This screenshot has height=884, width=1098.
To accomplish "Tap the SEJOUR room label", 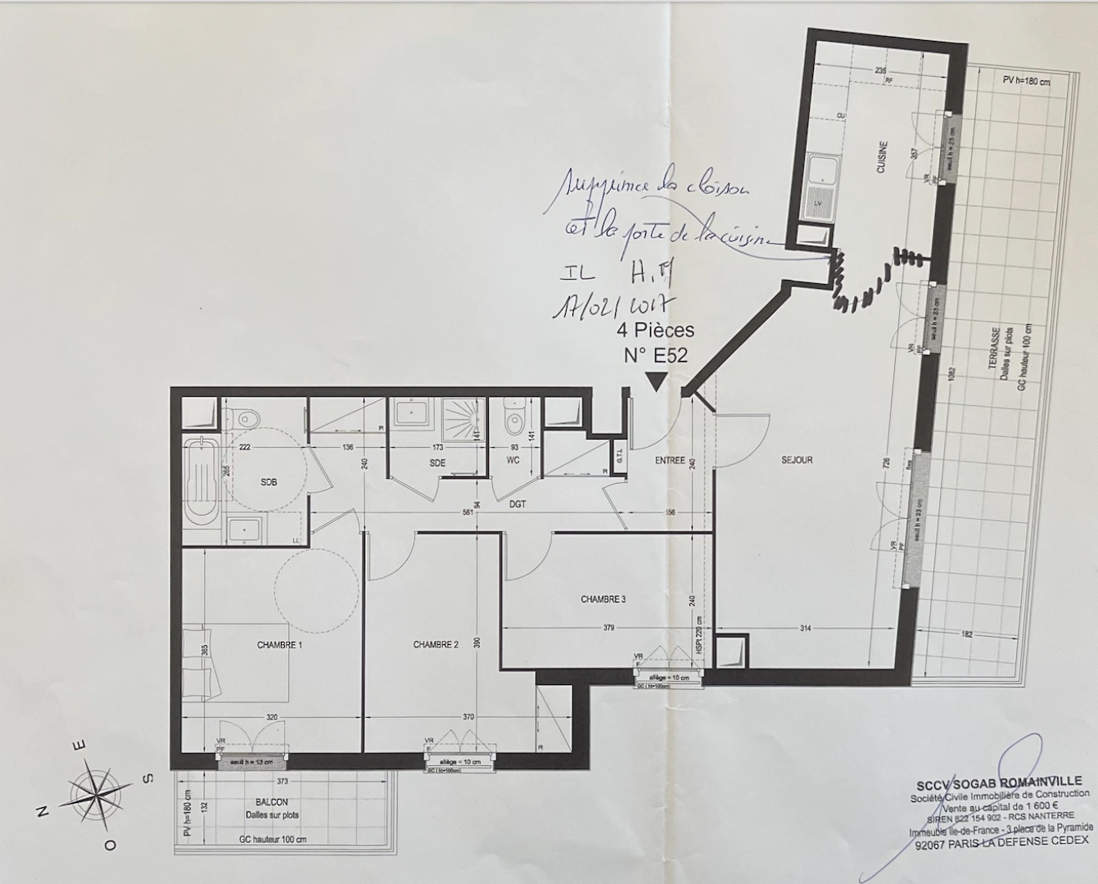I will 797,460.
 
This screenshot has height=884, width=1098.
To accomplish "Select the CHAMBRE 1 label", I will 280,645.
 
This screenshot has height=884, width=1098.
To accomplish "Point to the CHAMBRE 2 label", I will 436,645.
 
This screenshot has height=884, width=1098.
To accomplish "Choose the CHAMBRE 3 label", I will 603,599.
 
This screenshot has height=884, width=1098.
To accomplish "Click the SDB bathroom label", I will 269,482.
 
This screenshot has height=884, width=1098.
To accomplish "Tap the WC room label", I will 513,460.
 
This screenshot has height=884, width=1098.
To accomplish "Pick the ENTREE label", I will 670,461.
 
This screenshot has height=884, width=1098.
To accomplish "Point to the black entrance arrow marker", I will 657,381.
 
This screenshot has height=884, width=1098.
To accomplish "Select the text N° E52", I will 655,354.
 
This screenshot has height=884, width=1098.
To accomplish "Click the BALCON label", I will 272,803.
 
